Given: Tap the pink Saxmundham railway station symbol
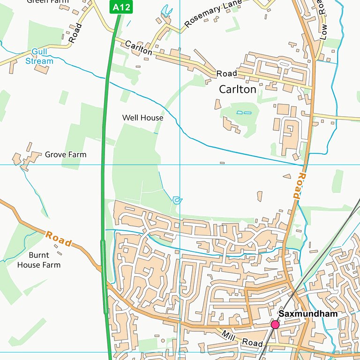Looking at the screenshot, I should point(275,324).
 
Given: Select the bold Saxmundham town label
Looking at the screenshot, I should point(307,314).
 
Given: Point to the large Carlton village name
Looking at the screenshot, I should point(238,89).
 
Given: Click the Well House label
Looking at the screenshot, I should point(142,118).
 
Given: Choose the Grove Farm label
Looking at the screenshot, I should point(66,154).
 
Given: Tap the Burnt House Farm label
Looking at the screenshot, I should point(38,260).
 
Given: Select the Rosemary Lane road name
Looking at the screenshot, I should point(213,14).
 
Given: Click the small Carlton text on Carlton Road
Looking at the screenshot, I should point(138,48).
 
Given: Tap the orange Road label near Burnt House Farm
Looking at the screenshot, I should point(59,239).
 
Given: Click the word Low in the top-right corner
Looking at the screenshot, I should point(322,32).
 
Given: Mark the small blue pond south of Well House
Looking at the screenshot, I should point(177,200).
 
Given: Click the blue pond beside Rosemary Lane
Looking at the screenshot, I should point(166,10).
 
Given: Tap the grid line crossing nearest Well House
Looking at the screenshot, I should point(180,165).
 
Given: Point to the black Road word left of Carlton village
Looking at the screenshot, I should point(226,74).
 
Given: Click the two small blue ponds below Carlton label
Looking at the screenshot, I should point(243,112).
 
